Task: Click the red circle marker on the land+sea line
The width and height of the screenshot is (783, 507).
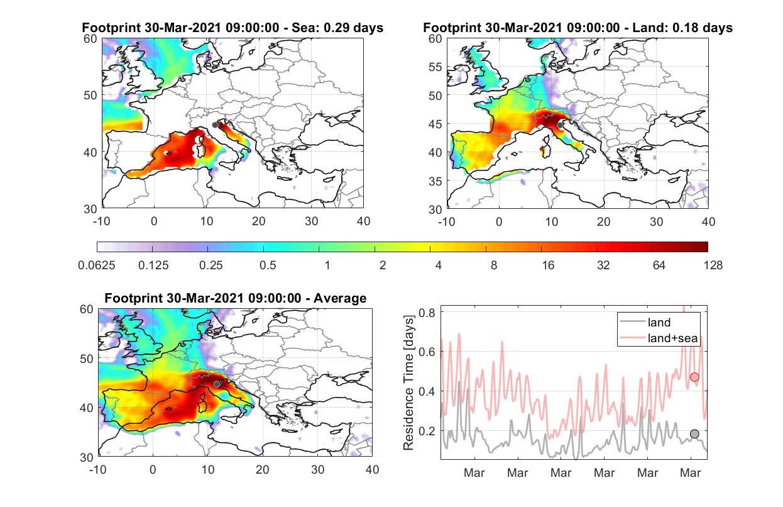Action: coord(694,377)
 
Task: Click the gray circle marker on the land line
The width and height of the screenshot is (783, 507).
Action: coord(694,434)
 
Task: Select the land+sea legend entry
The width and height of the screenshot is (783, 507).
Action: coord(659,338)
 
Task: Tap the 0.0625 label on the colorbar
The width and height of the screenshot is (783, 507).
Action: coord(97,265)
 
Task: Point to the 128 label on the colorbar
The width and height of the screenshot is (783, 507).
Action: coord(713,265)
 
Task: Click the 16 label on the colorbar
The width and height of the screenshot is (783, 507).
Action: coord(548,265)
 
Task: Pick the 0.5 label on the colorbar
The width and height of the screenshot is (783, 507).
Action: coord(268,265)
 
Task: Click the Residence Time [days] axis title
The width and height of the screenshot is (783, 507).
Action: coord(408,383)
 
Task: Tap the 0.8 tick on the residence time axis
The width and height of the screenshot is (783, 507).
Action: coord(427,312)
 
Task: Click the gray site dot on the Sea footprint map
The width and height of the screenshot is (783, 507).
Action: coord(215,125)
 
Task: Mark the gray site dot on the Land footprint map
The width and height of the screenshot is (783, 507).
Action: coord(560,125)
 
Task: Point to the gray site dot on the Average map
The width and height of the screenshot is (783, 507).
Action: coord(217,384)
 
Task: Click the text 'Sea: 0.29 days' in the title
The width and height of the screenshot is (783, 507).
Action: coord(337,28)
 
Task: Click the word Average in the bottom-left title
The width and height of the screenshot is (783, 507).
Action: coord(340,298)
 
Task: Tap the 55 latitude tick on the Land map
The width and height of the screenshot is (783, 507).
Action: coord(435,67)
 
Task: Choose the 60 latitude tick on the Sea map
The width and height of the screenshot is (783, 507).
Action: coord(90,38)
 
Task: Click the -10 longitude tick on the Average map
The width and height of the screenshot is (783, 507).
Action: coord(98,469)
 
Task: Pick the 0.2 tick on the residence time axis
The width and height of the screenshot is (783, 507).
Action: coord(427,431)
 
